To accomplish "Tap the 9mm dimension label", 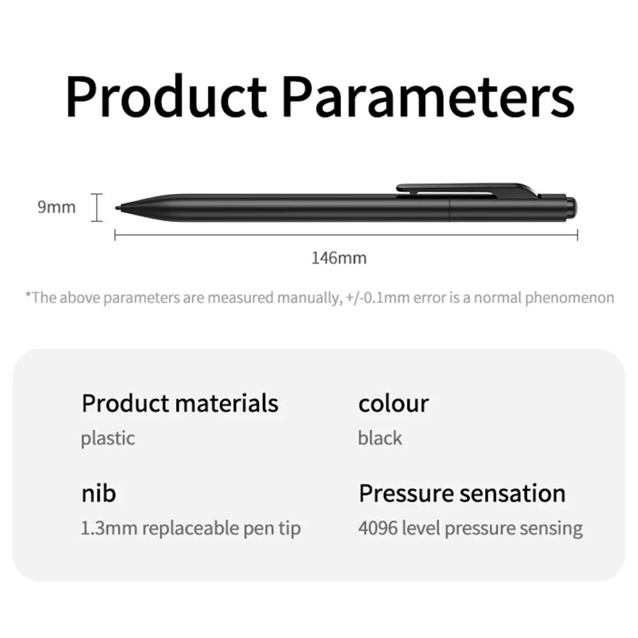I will (x=56, y=207).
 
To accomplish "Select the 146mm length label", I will (x=338, y=258).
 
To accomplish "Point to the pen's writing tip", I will (x=117, y=208).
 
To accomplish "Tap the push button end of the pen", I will (x=573, y=207).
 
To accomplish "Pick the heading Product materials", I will (x=180, y=403).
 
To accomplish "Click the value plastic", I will (x=108, y=438).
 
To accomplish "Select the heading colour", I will (x=393, y=403).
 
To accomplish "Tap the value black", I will (x=380, y=438).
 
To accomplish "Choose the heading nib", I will (x=98, y=493).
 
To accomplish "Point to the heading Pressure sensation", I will (x=462, y=493).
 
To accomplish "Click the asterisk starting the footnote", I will (x=28, y=296).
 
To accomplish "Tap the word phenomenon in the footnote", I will (x=569, y=298).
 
